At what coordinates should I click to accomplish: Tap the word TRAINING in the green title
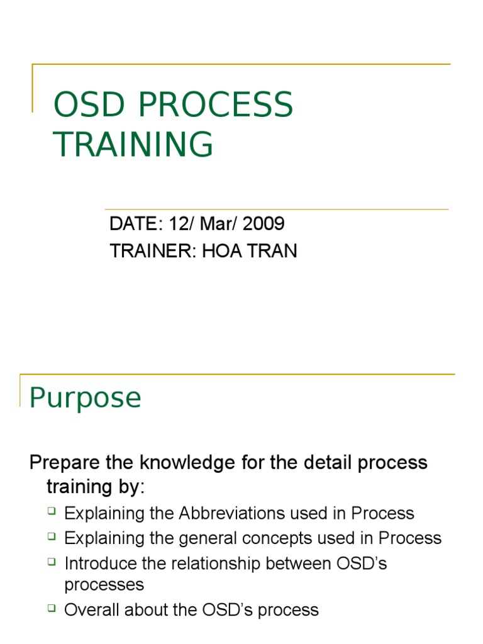coord(133,144)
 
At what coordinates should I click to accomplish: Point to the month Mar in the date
coord(216,223)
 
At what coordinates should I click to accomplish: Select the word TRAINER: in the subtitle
coord(153,251)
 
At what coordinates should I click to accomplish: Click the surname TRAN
coord(274,251)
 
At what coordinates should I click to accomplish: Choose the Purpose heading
coord(86,397)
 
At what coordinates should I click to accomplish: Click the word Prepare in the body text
coord(65,463)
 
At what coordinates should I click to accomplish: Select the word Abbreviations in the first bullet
coord(233,513)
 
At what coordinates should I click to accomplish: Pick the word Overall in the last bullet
coord(93,609)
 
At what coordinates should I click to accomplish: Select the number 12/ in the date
coord(173,223)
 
